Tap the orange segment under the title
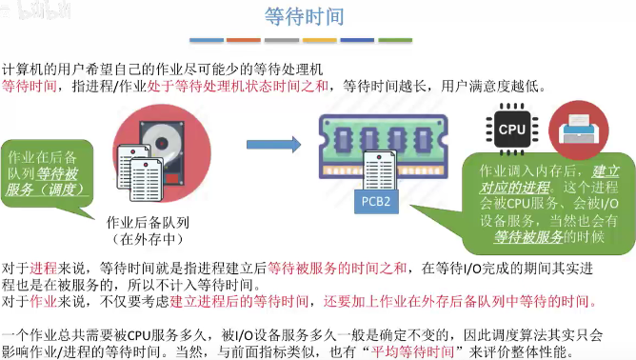click(244, 41)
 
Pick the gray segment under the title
click(282, 41)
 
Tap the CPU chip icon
click(512, 129)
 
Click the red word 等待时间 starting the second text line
click(29, 86)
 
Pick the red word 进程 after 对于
click(44, 268)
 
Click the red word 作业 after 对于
click(44, 302)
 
